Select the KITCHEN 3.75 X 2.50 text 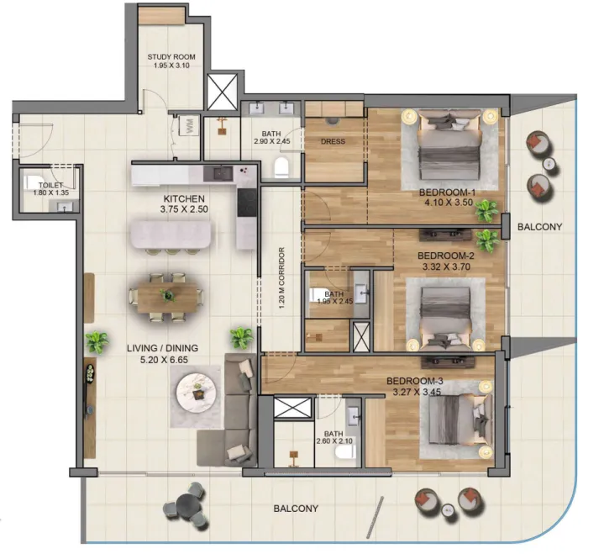coord(185,206)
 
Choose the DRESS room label coord(333,142)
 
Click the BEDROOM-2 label coord(446,255)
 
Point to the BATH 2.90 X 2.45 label coord(271,137)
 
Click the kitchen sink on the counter coord(222,173)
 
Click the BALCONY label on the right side coord(538,227)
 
